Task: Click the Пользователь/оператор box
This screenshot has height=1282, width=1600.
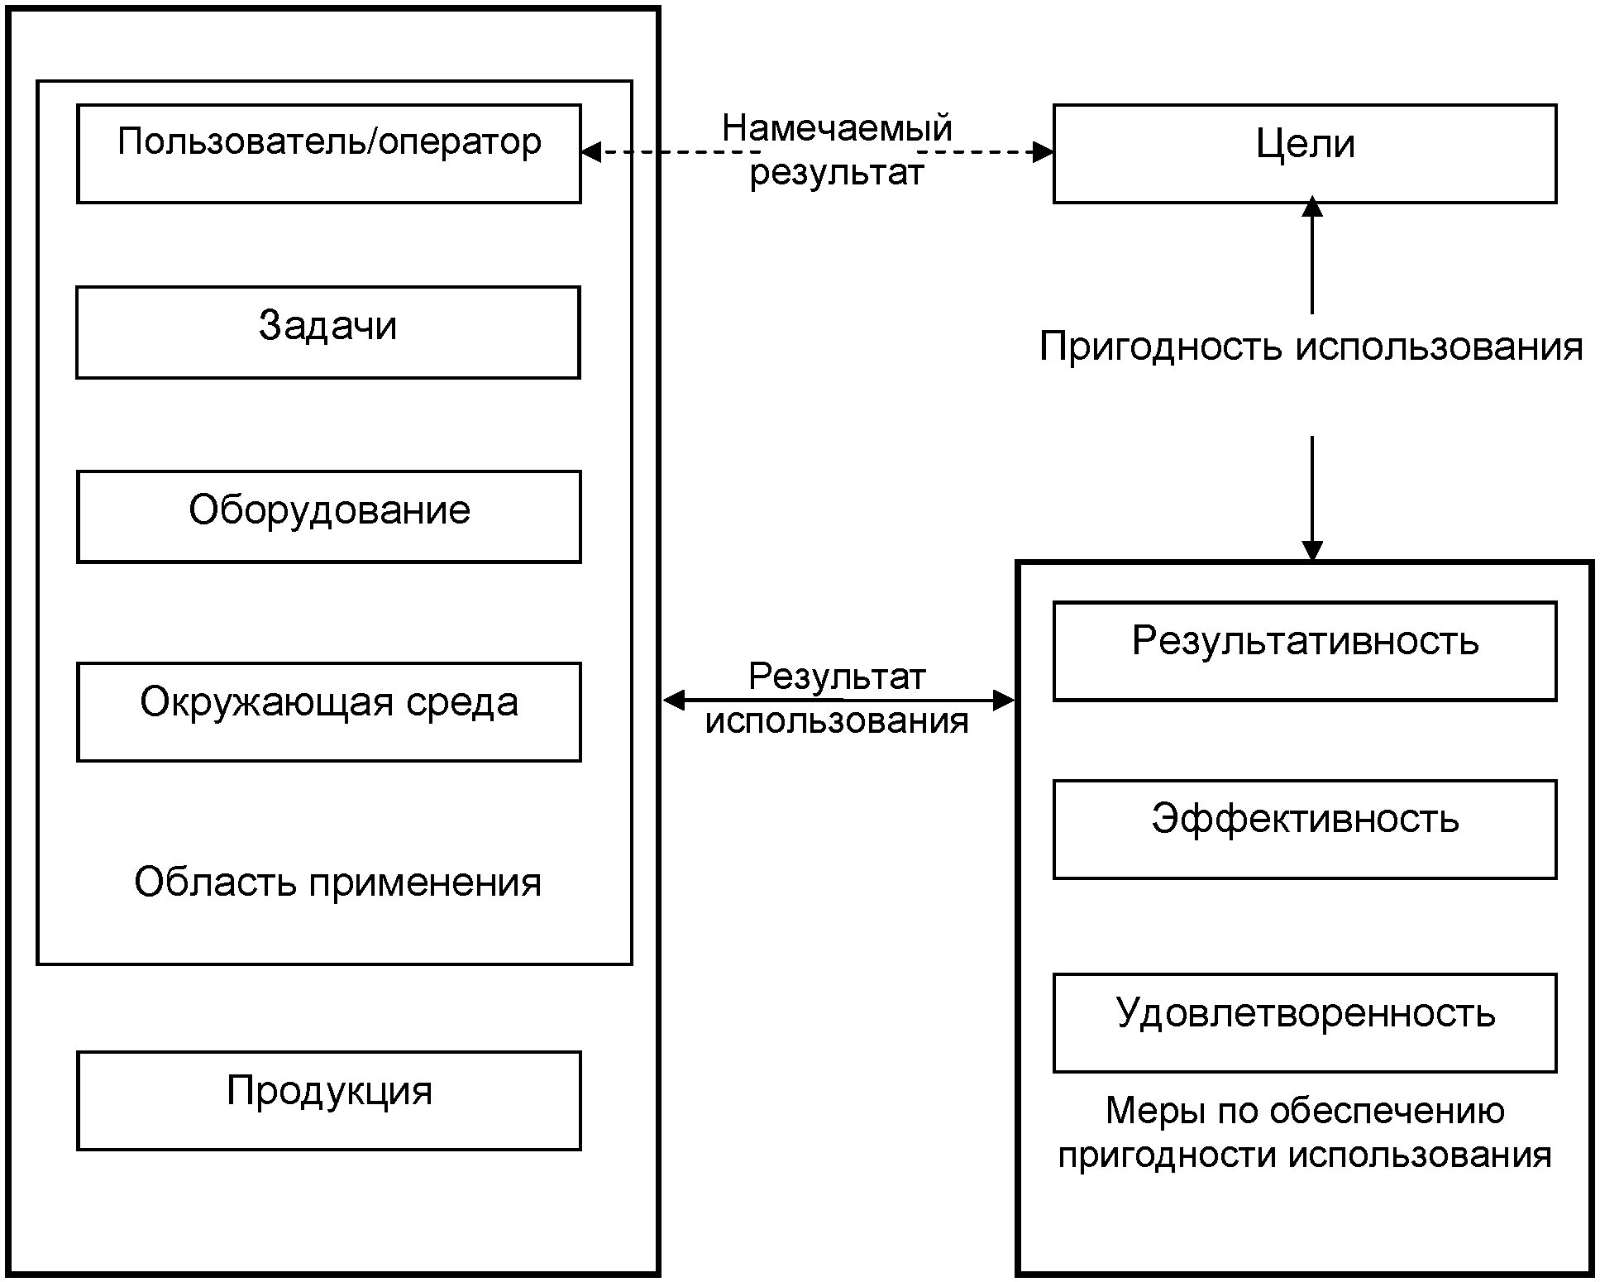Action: [x=328, y=153]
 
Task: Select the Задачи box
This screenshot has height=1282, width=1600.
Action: [x=328, y=332]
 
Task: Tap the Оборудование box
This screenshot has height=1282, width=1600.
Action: [x=328, y=517]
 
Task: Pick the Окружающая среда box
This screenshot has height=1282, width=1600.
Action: [x=328, y=711]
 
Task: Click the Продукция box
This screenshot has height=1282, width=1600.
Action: [x=328, y=1100]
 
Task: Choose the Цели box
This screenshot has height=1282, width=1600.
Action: [x=1305, y=153]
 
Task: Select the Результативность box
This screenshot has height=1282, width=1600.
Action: [x=1305, y=651]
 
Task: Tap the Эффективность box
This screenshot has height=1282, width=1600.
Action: [x=1305, y=829]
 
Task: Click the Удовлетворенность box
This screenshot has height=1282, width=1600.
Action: [x=1305, y=1022]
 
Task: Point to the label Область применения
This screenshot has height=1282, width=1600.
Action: [x=337, y=883]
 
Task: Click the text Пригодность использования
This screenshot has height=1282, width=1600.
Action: [x=1311, y=347]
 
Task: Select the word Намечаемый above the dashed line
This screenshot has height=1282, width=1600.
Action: [x=837, y=129]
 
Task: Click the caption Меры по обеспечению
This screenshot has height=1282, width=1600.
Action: [x=1305, y=1111]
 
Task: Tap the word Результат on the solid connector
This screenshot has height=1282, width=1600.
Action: [x=837, y=677]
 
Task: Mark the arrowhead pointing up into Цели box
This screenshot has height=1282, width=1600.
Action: [x=1312, y=207]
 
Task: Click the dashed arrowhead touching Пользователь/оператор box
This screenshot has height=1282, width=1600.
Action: [x=590, y=152]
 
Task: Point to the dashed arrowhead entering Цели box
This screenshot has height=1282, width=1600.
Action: [x=1044, y=152]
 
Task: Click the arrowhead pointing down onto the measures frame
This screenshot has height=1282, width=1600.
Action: [x=1312, y=551]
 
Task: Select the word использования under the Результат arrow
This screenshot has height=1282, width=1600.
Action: [x=837, y=721]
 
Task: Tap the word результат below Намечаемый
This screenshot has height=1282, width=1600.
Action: [x=837, y=174]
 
